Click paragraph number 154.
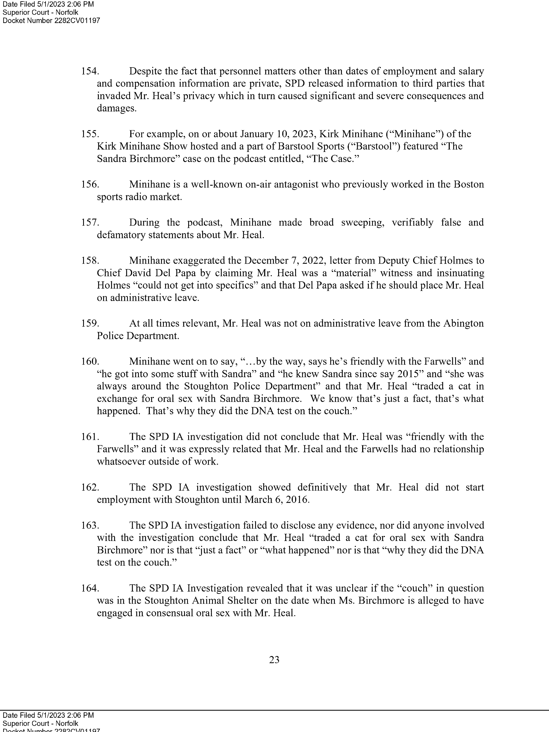pos(90,71)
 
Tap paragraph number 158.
pos(90,260)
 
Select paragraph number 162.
pos(90,487)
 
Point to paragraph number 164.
pos(90,588)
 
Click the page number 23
pos(274,660)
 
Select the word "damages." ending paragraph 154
pos(117,109)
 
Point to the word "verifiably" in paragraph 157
pos(412,222)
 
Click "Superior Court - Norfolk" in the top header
pos(40,12)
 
